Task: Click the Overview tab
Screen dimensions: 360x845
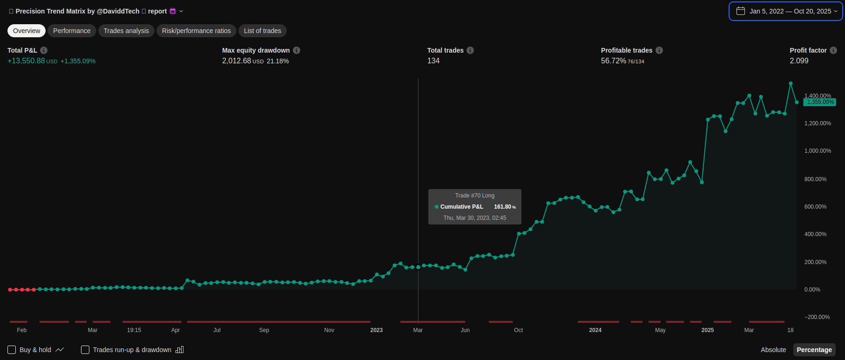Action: (27, 31)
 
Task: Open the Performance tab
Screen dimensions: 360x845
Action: (72, 31)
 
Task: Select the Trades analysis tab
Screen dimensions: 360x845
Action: (126, 31)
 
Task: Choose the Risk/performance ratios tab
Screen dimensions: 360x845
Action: (196, 31)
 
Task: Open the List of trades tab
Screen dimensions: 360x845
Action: (263, 31)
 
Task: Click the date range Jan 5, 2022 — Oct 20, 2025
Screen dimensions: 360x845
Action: (786, 11)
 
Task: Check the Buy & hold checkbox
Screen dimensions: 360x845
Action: (12, 350)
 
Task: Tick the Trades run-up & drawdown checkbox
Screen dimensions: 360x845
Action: (85, 350)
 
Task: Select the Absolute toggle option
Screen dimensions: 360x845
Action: (773, 350)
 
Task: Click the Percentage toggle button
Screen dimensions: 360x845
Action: (814, 350)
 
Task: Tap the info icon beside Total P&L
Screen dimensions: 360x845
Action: (44, 50)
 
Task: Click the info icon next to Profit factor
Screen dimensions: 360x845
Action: (833, 50)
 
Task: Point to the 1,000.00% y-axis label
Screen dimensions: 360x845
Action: (818, 151)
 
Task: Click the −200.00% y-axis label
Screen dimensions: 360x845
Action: (817, 317)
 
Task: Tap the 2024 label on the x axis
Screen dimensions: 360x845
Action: (595, 330)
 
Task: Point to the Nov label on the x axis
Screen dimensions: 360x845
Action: (329, 330)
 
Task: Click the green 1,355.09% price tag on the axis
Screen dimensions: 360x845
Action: (820, 102)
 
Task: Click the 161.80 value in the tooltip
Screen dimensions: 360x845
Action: (502, 207)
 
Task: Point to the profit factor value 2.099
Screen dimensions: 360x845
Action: (799, 61)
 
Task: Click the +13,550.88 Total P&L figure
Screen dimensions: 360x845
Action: (26, 61)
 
